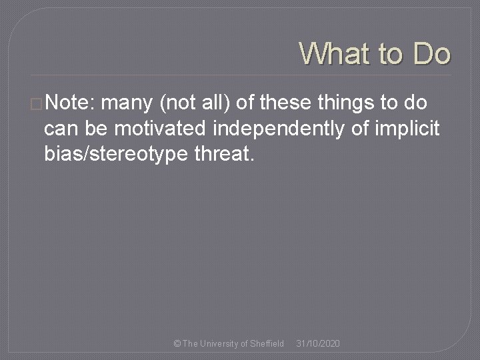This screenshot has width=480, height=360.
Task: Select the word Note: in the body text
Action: [x=71, y=103]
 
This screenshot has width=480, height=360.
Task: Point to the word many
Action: [x=128, y=103]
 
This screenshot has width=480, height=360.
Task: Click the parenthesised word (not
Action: [x=175, y=103]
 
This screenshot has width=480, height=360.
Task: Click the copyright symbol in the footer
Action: [x=177, y=343]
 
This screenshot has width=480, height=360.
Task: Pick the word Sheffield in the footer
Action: [x=267, y=343]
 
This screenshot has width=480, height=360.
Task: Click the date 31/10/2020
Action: [x=318, y=343]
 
